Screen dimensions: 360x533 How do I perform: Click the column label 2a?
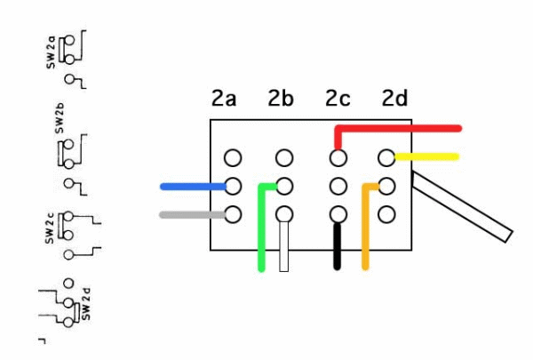coord(224,99)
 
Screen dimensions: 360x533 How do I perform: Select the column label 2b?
coord(280,99)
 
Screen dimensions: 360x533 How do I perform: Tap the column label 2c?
coord(338,99)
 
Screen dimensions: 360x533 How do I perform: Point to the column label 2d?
coord(394,99)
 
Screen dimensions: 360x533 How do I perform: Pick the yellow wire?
coord(431,157)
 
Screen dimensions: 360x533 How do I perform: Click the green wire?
coord(261,231)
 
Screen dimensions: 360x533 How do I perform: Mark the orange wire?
coord(365,231)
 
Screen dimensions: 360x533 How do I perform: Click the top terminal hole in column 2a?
coord(233,158)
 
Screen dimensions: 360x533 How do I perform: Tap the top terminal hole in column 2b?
coord(284,158)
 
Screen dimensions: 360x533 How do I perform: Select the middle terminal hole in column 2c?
coord(338,187)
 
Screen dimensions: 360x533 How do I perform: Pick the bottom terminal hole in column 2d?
coord(386,214)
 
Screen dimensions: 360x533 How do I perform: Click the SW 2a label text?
coord(51,51)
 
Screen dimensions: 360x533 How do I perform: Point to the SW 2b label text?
coord(60,118)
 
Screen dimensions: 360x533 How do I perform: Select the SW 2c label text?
coord(51,228)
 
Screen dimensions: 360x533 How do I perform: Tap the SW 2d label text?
coord(86,303)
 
